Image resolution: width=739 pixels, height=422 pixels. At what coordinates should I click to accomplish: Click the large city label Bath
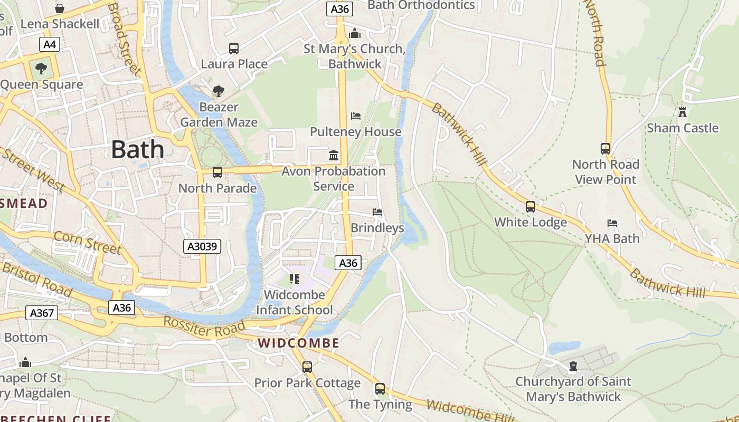pyautogui.click(x=138, y=150)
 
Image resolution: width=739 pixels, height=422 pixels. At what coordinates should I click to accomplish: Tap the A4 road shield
pyautogui.click(x=49, y=44)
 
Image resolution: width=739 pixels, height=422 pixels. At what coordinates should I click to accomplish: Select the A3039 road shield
pyautogui.click(x=202, y=246)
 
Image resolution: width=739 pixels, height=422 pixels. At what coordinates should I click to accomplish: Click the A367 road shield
pyautogui.click(x=42, y=313)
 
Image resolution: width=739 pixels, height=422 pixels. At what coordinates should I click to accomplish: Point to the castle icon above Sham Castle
pyautogui.click(x=683, y=112)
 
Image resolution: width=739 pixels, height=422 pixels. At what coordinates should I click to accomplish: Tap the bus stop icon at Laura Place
pyautogui.click(x=234, y=49)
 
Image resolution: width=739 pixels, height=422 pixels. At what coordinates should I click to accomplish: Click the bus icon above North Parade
pyautogui.click(x=217, y=172)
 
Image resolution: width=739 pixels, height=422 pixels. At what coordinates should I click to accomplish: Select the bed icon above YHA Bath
pyautogui.click(x=612, y=223)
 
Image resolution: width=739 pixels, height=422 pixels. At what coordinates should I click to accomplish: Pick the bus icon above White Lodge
pyautogui.click(x=530, y=207)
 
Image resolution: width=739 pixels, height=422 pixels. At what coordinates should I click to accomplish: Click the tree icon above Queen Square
pyautogui.click(x=41, y=69)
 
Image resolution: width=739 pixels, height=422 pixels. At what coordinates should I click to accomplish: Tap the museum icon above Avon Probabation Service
pyautogui.click(x=334, y=156)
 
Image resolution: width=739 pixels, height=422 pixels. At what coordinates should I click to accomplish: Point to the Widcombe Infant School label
pyautogui.click(x=295, y=302)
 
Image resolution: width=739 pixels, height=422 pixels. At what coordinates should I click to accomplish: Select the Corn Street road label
pyautogui.click(x=88, y=243)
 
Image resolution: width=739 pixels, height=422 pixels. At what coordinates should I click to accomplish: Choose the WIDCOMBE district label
pyautogui.click(x=299, y=343)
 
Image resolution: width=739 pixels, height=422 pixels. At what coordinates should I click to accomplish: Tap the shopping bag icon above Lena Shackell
pyautogui.click(x=60, y=8)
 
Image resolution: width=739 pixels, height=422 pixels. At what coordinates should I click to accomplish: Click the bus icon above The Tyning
pyautogui.click(x=380, y=389)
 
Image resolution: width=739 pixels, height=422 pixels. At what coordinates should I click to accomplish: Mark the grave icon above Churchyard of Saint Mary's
pyautogui.click(x=573, y=366)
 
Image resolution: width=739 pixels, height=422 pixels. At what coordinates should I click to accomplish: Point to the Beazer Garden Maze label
pyautogui.click(x=219, y=114)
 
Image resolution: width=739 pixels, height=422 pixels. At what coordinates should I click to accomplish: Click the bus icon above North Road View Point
pyautogui.click(x=605, y=149)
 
